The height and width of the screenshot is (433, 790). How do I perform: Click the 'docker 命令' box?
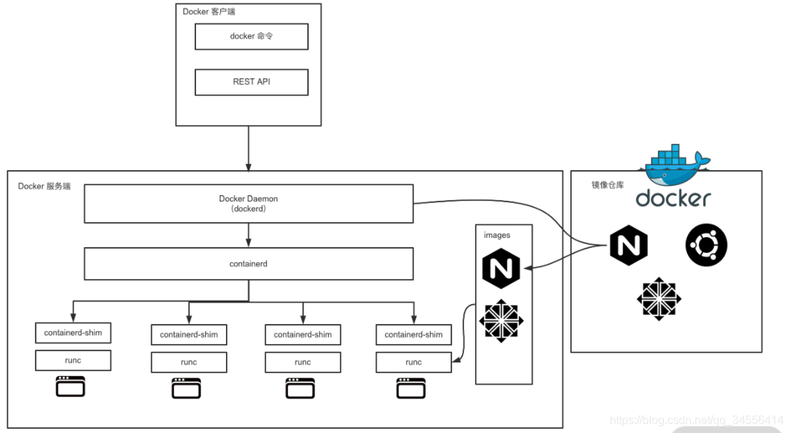click(251, 36)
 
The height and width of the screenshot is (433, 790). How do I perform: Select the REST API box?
click(251, 82)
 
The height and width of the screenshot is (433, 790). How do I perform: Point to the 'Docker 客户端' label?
click(210, 11)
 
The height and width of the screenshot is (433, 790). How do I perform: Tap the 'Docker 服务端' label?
click(44, 187)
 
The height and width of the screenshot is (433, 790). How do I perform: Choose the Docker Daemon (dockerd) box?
click(248, 203)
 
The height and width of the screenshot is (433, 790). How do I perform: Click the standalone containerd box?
click(248, 264)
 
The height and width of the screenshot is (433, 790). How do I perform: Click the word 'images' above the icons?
click(497, 235)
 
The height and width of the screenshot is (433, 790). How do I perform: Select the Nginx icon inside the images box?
click(502, 269)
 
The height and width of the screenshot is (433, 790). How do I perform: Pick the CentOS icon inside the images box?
click(501, 320)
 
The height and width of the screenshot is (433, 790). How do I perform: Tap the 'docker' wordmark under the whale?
click(673, 198)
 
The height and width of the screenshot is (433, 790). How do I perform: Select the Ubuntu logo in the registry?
click(706, 246)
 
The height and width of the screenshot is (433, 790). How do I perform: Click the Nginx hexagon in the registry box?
click(629, 246)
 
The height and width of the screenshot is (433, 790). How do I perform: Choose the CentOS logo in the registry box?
click(659, 298)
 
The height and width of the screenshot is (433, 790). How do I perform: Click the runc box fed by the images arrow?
click(414, 362)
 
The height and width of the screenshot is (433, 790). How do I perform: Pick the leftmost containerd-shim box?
click(73, 333)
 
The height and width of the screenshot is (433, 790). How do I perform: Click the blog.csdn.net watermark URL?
click(697, 421)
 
